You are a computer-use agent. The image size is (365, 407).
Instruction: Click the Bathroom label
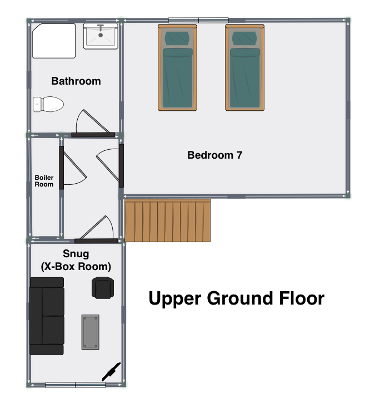pyautogui.click(x=76, y=81)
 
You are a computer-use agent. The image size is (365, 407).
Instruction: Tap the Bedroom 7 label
pyautogui.click(x=215, y=155)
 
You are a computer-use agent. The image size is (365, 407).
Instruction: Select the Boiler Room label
pyautogui.click(x=44, y=181)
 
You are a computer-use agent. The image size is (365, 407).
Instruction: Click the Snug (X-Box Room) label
pyautogui.click(x=76, y=260)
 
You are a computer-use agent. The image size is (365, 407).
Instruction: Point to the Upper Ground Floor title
pyautogui.click(x=236, y=298)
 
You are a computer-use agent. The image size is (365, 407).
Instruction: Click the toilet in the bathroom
pyautogui.click(x=48, y=104)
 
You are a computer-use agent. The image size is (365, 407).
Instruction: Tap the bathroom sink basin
pyautogui.click(x=101, y=36)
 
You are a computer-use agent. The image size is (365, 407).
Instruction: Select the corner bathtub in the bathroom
pyautogui.click(x=54, y=41)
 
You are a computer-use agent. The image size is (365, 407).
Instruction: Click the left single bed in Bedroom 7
pyautogui.click(x=177, y=67)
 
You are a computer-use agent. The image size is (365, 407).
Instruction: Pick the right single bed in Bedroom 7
pyautogui.click(x=245, y=67)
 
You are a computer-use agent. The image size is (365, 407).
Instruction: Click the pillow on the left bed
pyautogui.click(x=177, y=38)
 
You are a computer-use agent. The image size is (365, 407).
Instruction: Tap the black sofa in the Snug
pyautogui.click(x=47, y=316)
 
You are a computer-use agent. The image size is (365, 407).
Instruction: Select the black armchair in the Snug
pyautogui.click(x=103, y=288)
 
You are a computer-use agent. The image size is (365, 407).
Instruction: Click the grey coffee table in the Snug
pyautogui.click(x=91, y=332)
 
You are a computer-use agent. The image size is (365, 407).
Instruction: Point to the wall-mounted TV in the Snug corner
pyautogui.click(x=112, y=372)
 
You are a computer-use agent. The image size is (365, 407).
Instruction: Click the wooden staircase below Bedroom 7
pyautogui.click(x=167, y=220)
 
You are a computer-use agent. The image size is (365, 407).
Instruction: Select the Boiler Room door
pyautogui.click(x=62, y=168)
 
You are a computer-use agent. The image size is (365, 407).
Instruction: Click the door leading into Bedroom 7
pyautogui.click(x=121, y=165)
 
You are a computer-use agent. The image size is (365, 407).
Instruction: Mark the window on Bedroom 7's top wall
pyautogui.click(x=198, y=20)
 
